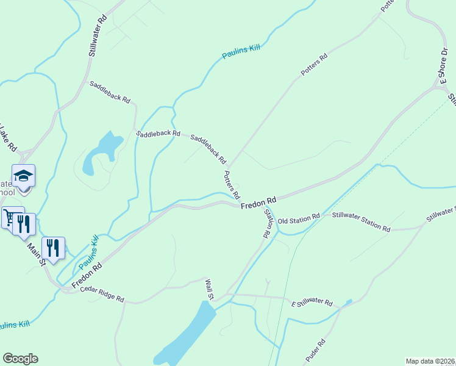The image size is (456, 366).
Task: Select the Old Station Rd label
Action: pyautogui.click(x=299, y=218)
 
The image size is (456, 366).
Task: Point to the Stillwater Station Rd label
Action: pyautogui.click(x=360, y=222)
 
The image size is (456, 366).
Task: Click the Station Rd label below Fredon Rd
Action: pyautogui.click(x=267, y=223)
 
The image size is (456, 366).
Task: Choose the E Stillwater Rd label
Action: pyautogui.click(x=312, y=303)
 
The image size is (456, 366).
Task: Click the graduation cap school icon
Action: pyautogui.click(x=24, y=176)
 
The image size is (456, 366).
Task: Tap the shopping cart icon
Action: pyautogui.click(x=10, y=217)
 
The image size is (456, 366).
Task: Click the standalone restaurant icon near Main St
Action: pyautogui.click(x=54, y=248)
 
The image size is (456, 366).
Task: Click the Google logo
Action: pyautogui.click(x=20, y=359)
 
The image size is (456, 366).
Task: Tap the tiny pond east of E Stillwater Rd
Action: pyautogui.click(x=348, y=302)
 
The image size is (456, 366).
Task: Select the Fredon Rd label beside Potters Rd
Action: pyautogui.click(x=258, y=203)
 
